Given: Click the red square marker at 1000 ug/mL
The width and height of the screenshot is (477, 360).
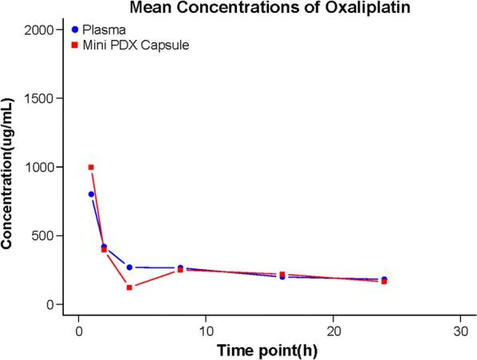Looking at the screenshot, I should point(91,167).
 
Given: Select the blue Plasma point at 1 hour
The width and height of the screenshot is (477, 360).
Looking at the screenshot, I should point(91,194).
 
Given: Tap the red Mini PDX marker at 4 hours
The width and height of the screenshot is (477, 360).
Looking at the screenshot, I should point(129,287).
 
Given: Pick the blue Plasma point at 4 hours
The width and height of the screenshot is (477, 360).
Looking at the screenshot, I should point(129,267).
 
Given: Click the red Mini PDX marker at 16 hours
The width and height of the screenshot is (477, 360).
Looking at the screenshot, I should point(282,275).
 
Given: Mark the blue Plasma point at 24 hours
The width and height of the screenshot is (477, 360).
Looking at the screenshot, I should point(384,279).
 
